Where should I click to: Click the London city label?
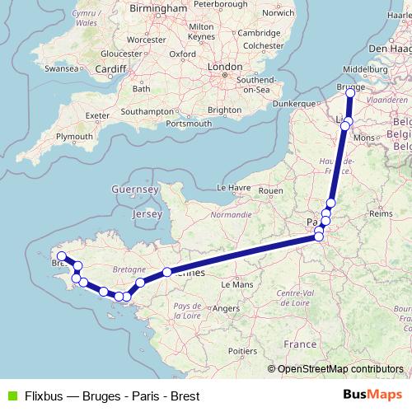[224, 67]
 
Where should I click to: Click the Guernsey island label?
[137, 190]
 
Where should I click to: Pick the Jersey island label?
[148, 213]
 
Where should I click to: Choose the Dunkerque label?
[294, 104]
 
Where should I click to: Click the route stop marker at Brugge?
[350, 92]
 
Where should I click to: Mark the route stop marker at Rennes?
[166, 272]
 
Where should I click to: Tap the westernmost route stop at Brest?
[61, 256]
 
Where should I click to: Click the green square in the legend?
[11, 396]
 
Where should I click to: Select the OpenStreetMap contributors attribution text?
[339, 369]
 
